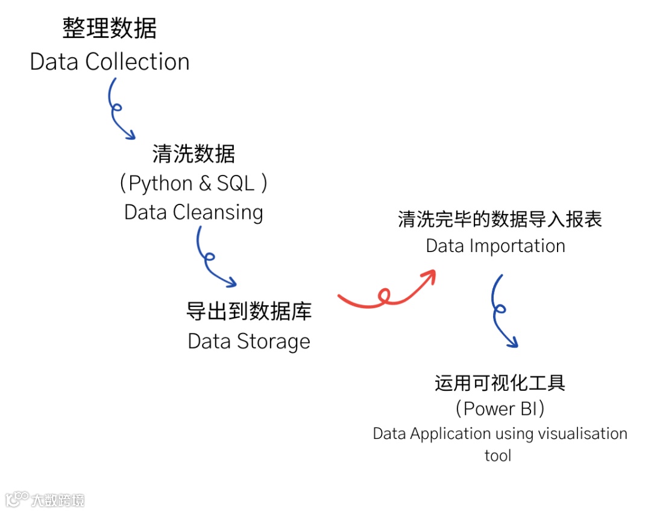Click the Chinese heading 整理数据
110,28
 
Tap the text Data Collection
110,62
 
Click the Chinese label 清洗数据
193,154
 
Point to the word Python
161,183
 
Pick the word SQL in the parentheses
236,183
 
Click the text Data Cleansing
193,212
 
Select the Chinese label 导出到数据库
249,312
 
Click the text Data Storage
249,341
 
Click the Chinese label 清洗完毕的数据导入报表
500,219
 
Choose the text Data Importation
495,246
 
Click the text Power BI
500,409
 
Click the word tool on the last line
498,455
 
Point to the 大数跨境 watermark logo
45,499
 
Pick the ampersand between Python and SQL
205,183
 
